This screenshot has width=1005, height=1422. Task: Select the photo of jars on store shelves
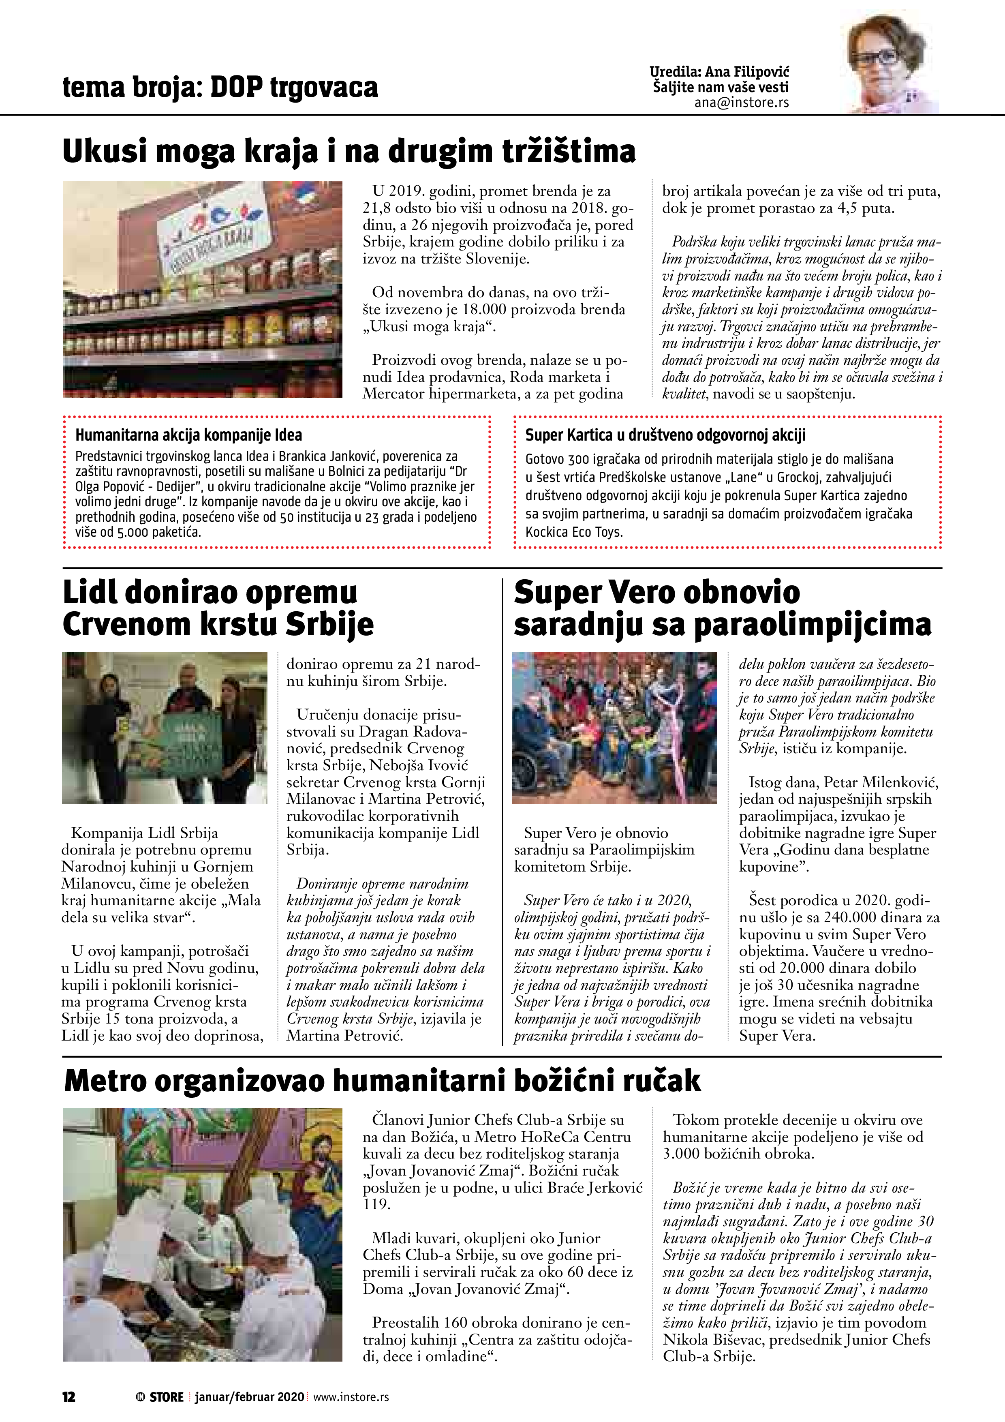tap(203, 289)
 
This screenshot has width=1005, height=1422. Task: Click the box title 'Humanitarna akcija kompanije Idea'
tap(188, 435)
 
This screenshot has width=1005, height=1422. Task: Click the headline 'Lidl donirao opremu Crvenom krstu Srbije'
tap(218, 608)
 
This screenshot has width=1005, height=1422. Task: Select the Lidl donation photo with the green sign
tap(165, 728)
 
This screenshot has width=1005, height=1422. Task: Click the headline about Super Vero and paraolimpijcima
tap(722, 608)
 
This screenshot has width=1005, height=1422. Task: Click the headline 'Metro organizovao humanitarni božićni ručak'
tap(382, 1081)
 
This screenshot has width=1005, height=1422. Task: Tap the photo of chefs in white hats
tap(203, 1235)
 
